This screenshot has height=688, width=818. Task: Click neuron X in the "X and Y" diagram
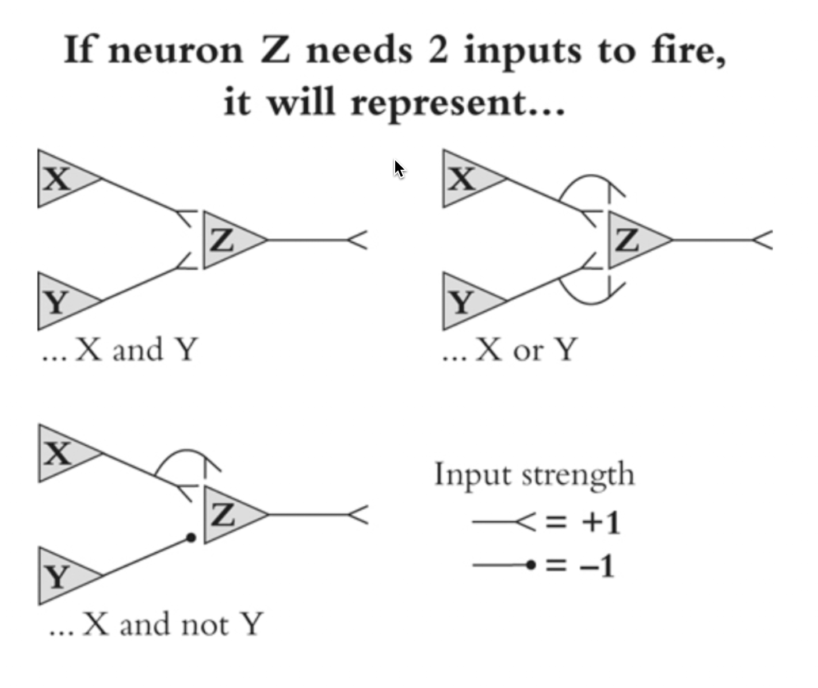coord(60,179)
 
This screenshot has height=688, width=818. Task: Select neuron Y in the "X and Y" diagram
coord(60,301)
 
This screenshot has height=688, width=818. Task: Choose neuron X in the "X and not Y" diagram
coord(61,453)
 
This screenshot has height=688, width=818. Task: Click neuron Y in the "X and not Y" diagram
coord(61,576)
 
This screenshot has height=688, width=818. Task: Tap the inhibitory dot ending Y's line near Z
coord(191,538)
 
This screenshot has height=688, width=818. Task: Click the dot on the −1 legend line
coord(530,565)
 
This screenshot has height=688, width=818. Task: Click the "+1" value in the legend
coord(601,522)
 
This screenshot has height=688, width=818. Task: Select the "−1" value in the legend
coord(598,566)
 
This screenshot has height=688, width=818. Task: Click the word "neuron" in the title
coord(176,51)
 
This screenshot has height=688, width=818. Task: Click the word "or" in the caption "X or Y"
coord(528,350)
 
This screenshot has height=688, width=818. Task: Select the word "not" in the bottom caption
coord(204,625)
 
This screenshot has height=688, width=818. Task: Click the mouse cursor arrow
coord(399,169)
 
